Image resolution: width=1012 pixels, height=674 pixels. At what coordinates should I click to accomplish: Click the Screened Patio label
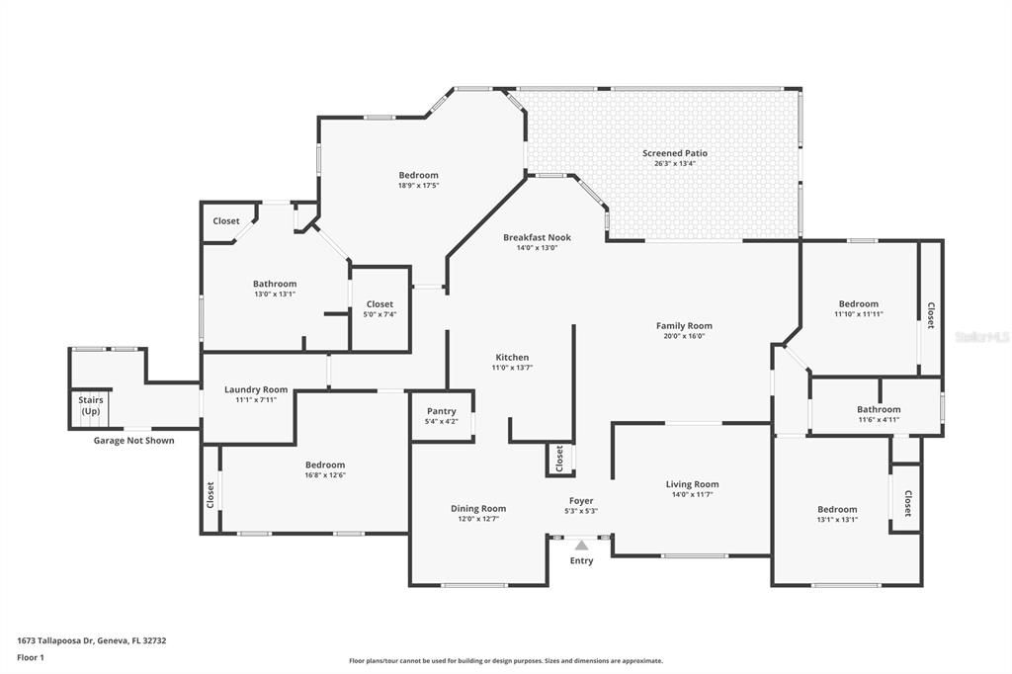tap(674, 153)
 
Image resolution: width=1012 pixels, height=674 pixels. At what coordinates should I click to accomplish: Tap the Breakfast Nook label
tap(537, 237)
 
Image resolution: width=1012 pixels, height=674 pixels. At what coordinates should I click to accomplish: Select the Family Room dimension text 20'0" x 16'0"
tap(684, 336)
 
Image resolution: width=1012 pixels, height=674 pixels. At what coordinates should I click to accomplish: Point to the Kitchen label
tap(512, 357)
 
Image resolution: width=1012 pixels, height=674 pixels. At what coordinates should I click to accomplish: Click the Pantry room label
tap(441, 411)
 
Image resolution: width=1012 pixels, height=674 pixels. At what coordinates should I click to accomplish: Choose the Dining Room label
tap(478, 509)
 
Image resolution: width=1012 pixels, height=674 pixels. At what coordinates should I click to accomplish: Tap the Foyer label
tap(581, 501)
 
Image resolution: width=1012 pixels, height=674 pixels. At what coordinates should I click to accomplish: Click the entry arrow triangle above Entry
tap(581, 545)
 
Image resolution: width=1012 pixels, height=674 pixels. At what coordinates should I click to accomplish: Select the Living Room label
tap(692, 484)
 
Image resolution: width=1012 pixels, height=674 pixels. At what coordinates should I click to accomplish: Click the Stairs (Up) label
tap(91, 405)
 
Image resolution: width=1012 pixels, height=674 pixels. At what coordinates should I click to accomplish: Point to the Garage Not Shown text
tap(133, 441)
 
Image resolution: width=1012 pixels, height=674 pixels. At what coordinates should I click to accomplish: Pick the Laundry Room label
tap(256, 389)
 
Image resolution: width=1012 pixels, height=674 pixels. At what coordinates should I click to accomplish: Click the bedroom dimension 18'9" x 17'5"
tap(418, 186)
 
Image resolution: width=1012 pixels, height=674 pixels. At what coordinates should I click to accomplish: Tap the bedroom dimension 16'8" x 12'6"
tap(325, 475)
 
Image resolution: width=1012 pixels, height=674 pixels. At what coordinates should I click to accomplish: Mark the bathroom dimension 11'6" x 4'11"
tap(879, 420)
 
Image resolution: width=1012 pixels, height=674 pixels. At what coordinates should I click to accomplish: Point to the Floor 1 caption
tap(31, 657)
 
